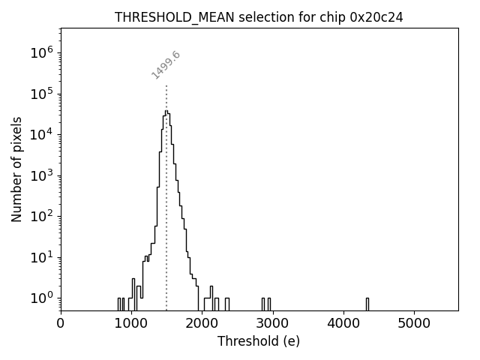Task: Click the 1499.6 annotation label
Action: coord(166,64)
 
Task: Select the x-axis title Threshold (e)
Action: coord(259,341)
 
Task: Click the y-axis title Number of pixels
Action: coord(17,169)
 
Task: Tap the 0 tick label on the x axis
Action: coord(61,323)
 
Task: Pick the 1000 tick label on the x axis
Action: coord(131,323)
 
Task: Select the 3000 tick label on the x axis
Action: coord(272,323)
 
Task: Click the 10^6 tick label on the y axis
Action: coord(40,52)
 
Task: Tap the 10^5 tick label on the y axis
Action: coord(40,94)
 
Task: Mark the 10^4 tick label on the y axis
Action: coord(40,134)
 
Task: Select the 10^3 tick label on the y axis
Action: coord(40,175)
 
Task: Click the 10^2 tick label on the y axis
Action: coord(40,216)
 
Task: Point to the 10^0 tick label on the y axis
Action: coord(40,298)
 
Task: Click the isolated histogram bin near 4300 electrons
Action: coord(367,303)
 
